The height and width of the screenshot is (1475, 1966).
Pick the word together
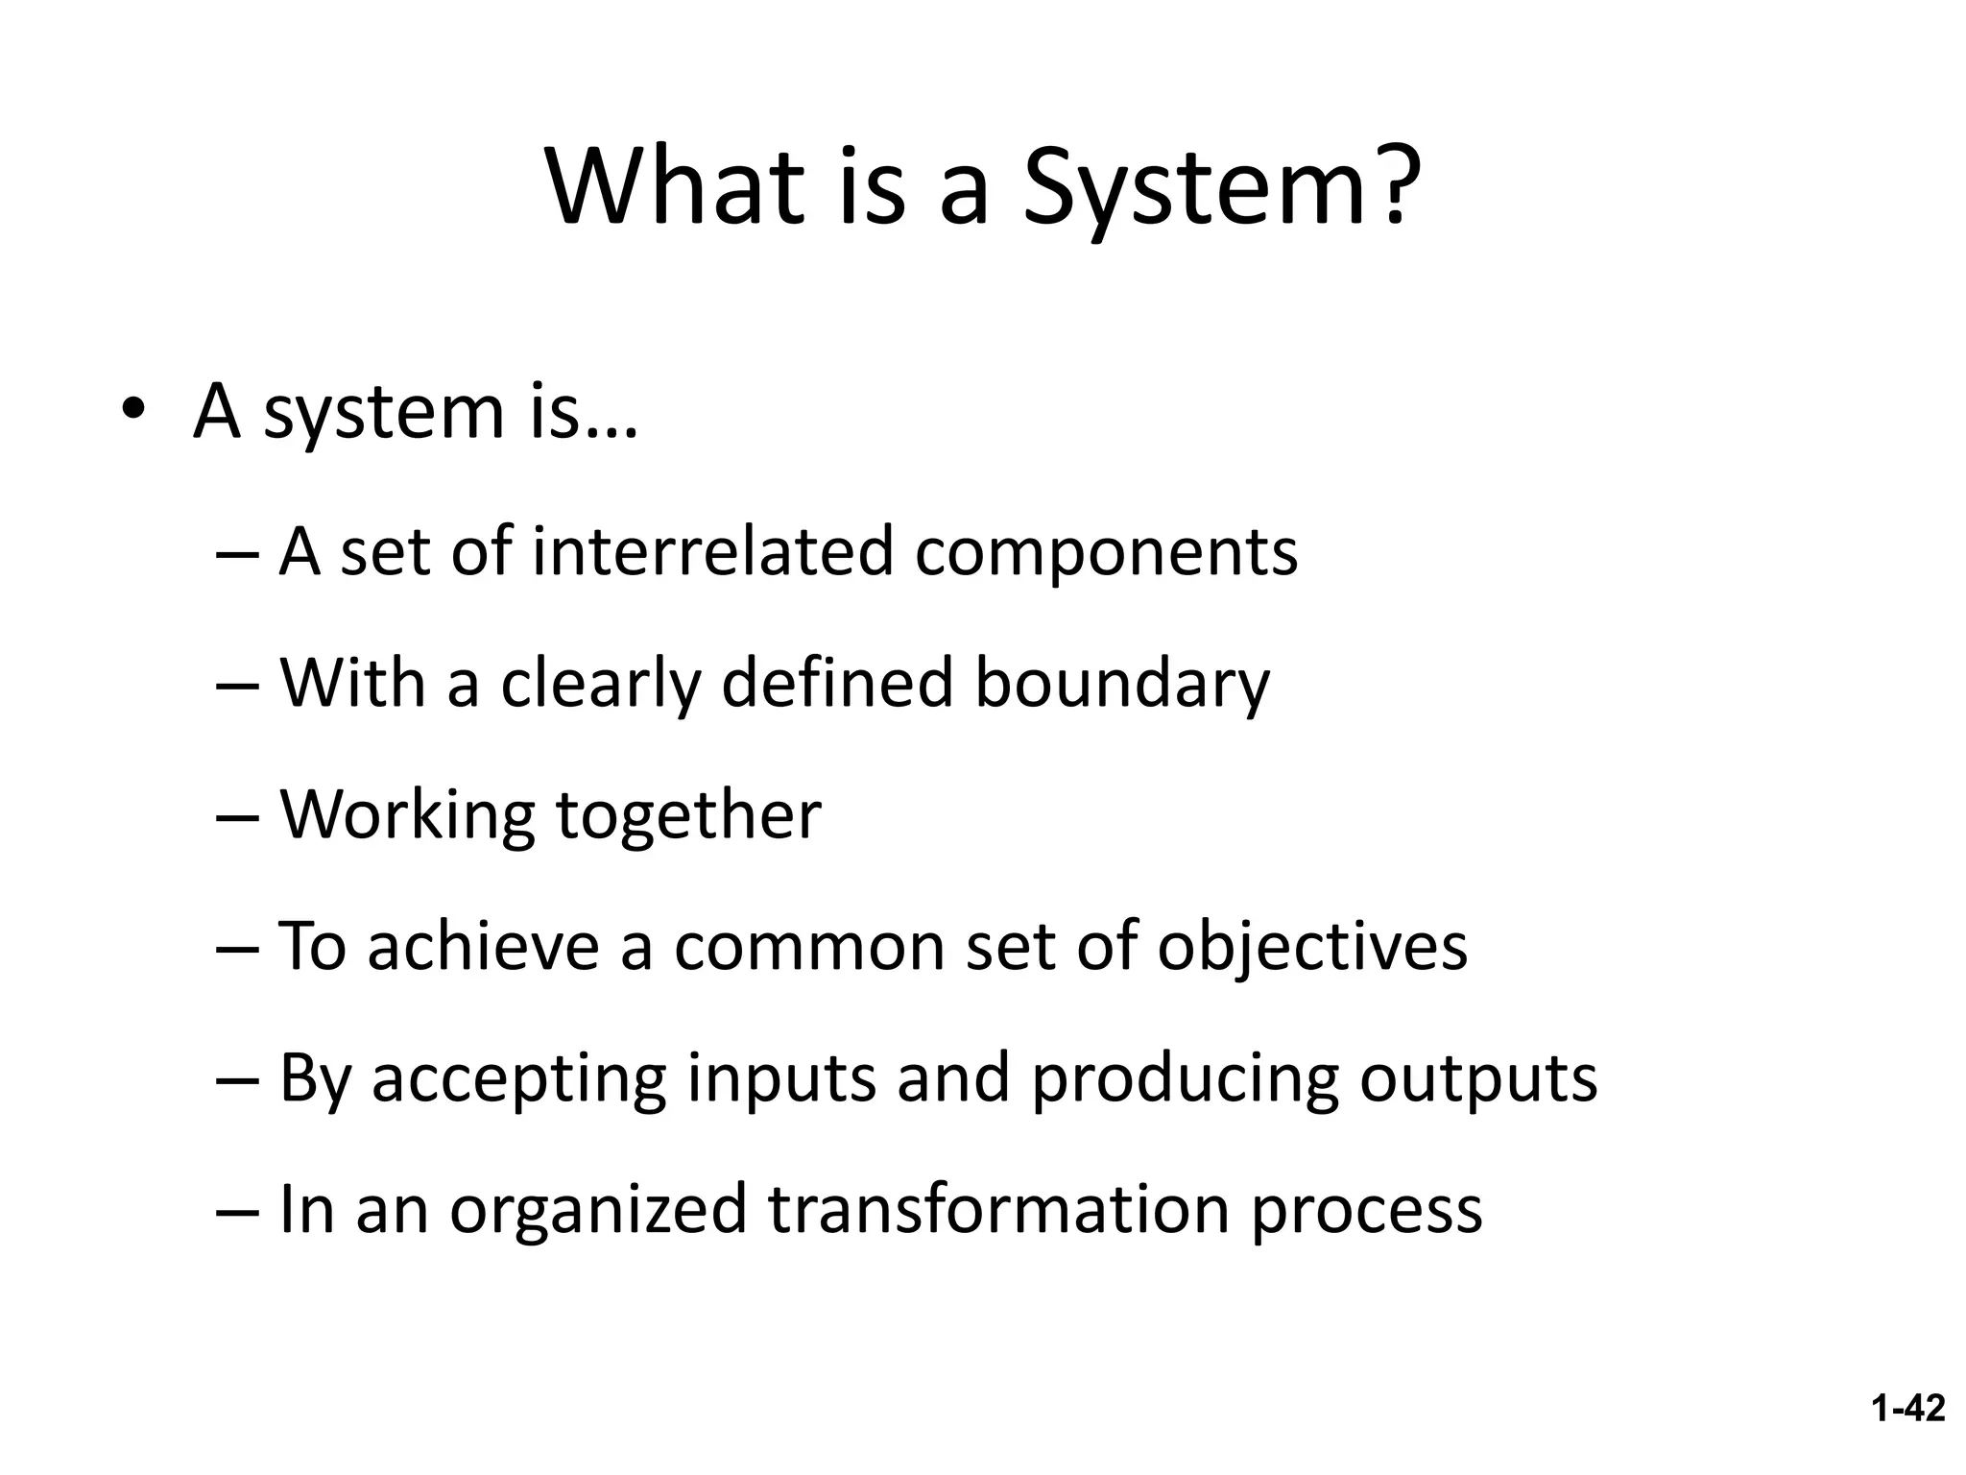coord(688,816)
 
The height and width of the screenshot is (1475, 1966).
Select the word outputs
coord(1478,1079)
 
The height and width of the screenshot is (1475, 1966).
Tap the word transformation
coord(998,1209)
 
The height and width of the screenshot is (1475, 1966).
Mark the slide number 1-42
coord(1907,1409)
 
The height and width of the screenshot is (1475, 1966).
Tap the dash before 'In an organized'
coord(238,1211)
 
